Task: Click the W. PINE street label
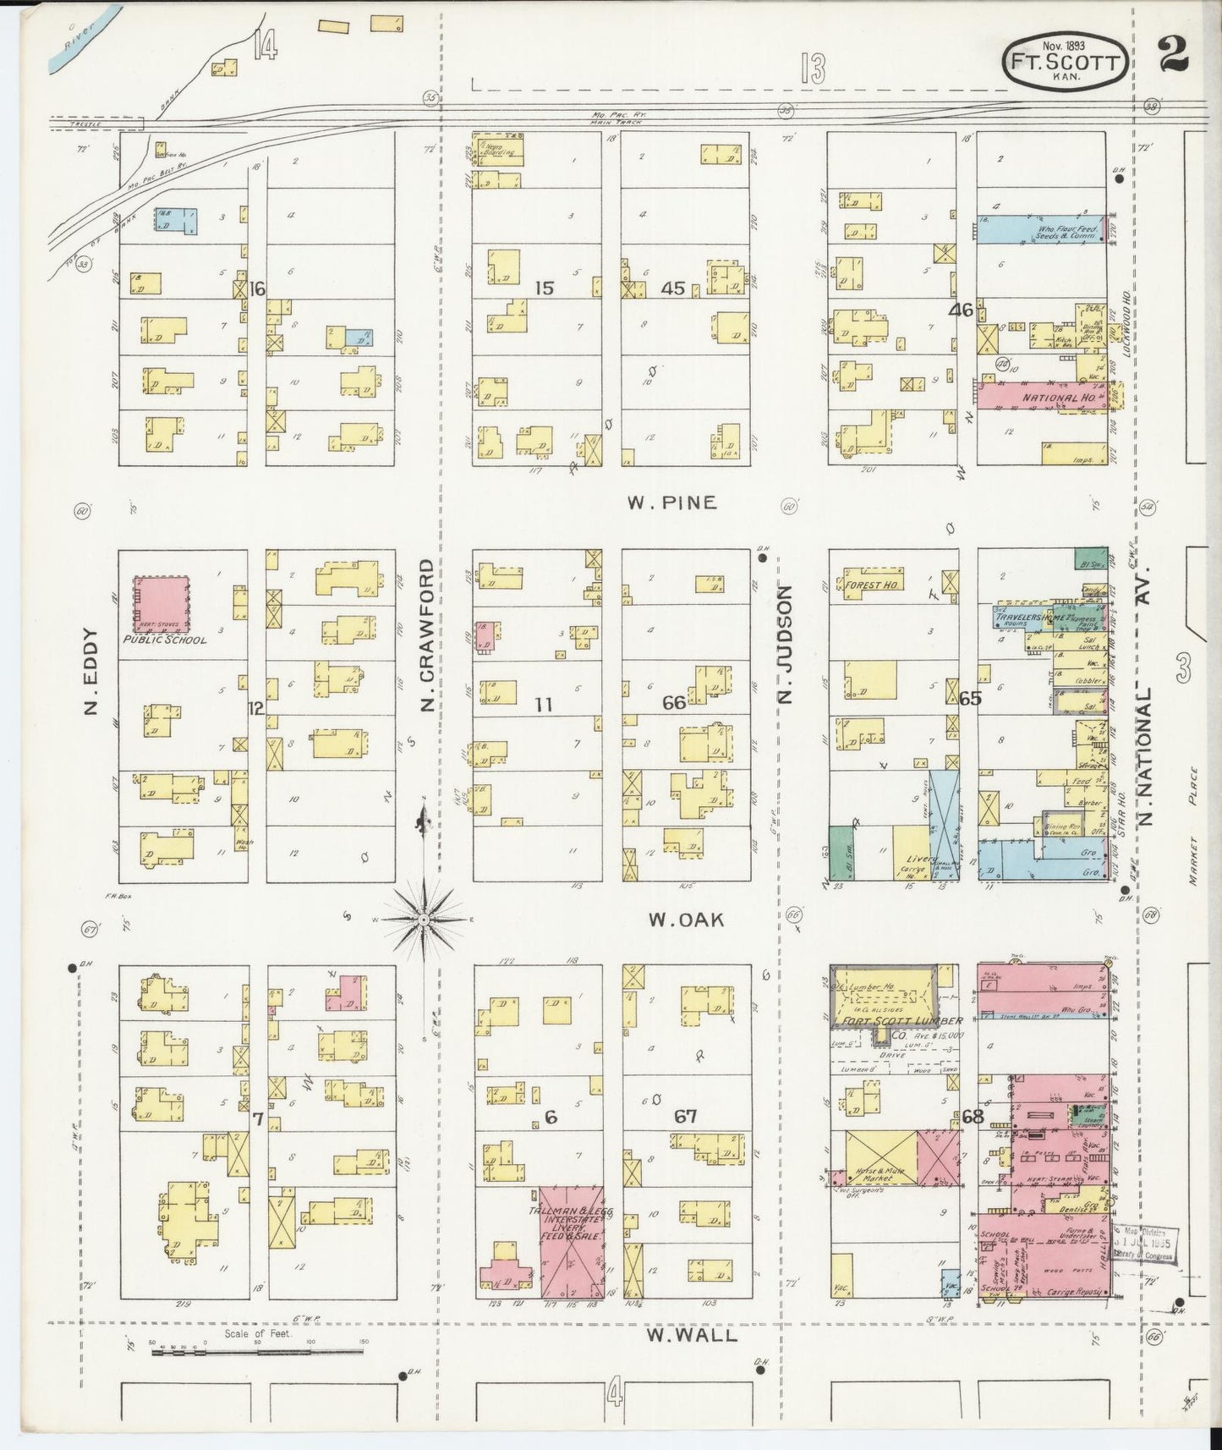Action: [x=671, y=503]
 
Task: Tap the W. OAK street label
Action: [x=686, y=920]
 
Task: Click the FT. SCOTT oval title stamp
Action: [x=1064, y=62]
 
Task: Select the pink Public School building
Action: [x=163, y=602]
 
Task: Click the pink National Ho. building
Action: [x=1043, y=395]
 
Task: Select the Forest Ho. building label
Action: [x=871, y=585]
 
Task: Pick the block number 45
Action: [x=673, y=288]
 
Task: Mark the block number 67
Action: [x=686, y=1117]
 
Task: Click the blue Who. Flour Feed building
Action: [x=1042, y=228]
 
